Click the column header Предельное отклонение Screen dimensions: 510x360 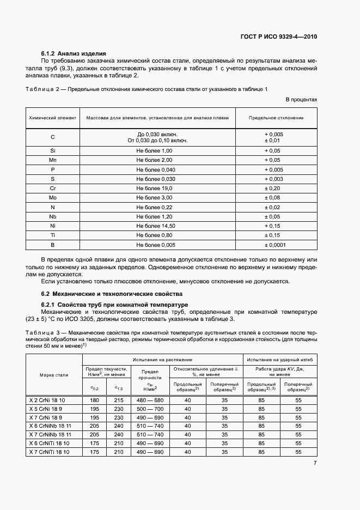pos(276,118)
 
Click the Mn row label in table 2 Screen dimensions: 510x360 pos(53,160)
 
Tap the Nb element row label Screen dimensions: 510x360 pos(53,216)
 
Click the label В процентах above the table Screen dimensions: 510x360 pos(301,100)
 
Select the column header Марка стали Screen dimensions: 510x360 pos(54,375)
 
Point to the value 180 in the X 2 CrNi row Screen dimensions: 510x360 pos(94,400)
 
